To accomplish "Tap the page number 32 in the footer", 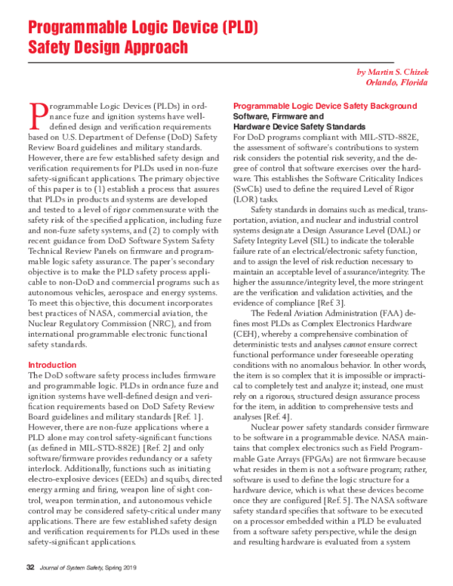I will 31,568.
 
